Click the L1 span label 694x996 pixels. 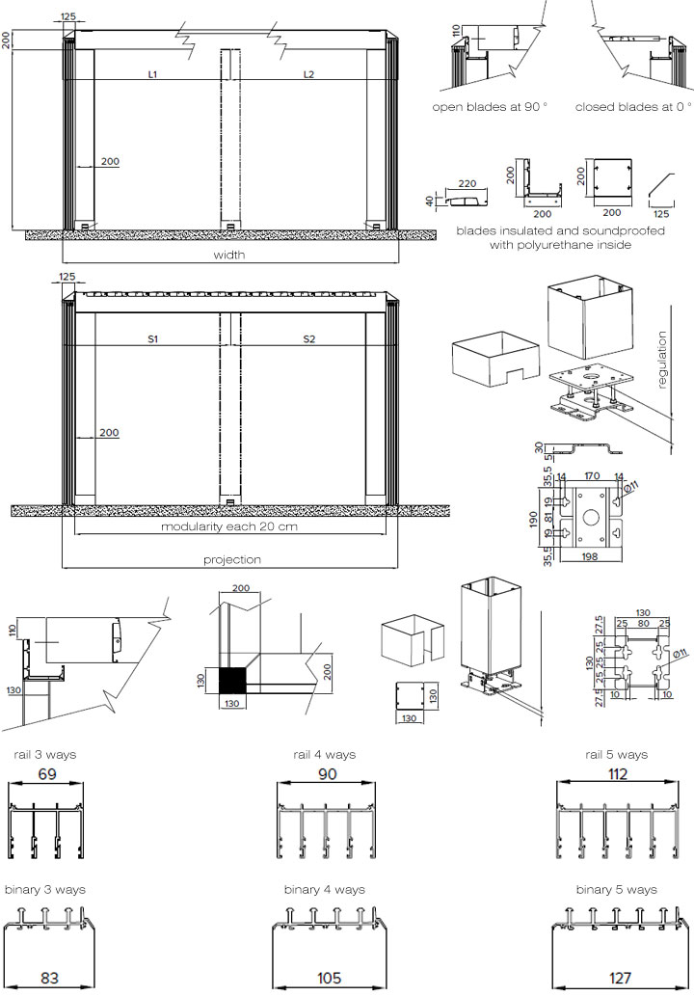(152, 74)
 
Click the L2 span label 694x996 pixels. (308, 74)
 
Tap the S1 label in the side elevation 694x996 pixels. (152, 339)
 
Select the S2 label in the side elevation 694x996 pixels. (308, 339)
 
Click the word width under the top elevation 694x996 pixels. (229, 255)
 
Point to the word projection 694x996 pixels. (231, 559)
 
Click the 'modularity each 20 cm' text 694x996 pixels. (229, 526)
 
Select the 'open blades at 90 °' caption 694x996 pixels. (490, 107)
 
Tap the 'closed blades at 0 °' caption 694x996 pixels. (633, 107)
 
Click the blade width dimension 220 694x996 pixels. (467, 183)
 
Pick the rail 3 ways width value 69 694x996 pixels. (47, 774)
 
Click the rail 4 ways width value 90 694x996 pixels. (327, 774)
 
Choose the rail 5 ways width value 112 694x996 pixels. (617, 774)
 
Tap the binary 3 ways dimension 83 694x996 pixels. (49, 978)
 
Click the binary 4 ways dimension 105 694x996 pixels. (329, 978)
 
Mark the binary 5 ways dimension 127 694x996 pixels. (620, 978)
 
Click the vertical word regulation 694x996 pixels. (662, 360)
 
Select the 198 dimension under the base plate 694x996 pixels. (590, 556)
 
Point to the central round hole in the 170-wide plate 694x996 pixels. (590, 515)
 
